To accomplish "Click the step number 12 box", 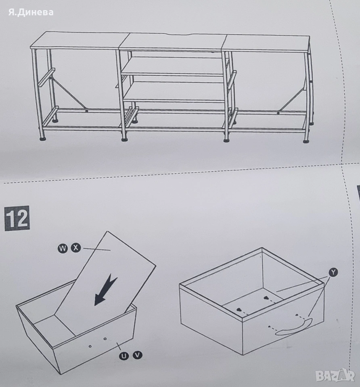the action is tap(17, 218).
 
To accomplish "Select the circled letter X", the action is tap(76, 248).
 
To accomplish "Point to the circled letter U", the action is tap(124, 356).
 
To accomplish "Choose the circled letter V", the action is tap(138, 355).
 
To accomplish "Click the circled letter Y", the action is tap(333, 272).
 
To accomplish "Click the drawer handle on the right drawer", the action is tap(293, 327).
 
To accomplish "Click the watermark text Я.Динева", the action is tap(31, 12).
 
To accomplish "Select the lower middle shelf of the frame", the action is tap(175, 92).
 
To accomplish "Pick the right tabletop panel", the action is tap(267, 43).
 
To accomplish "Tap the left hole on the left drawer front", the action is tap(90, 346).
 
